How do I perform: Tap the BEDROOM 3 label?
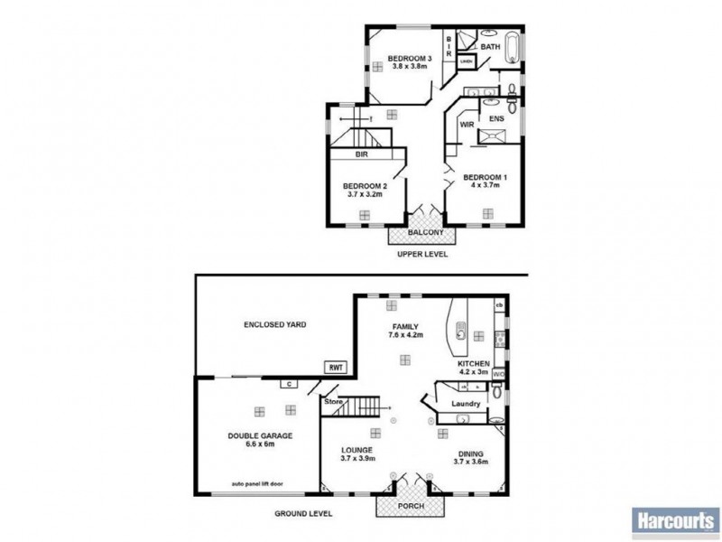click(411, 60)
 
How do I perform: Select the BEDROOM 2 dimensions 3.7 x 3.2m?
click(364, 193)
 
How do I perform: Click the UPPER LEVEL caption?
click(422, 255)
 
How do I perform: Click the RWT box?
click(335, 368)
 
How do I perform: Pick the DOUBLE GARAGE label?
click(259, 435)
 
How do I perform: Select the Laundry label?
click(466, 404)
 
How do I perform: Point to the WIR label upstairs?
click(467, 124)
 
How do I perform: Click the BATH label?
click(490, 45)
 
